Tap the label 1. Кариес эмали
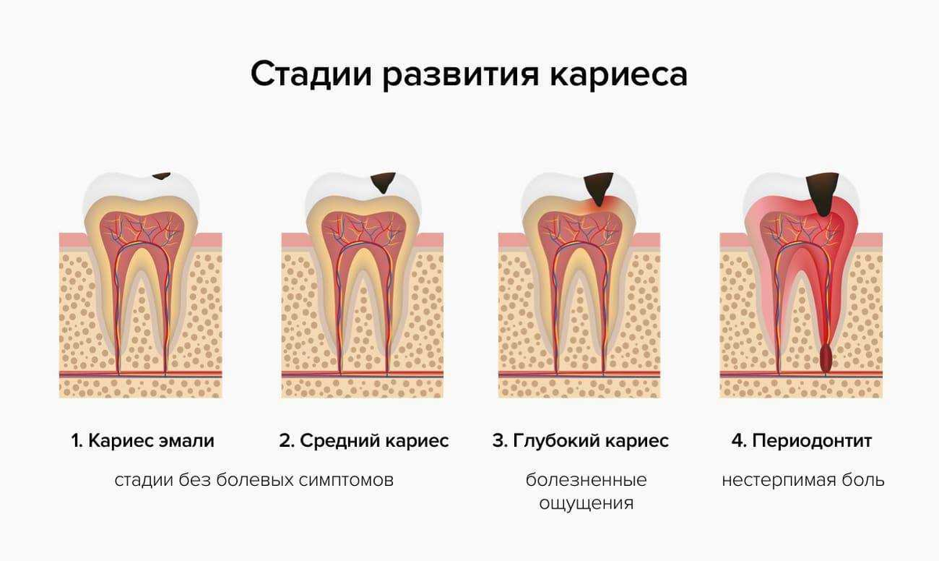pyautogui.click(x=142, y=441)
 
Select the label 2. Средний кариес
pyautogui.click(x=364, y=441)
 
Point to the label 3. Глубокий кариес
pyautogui.click(x=581, y=441)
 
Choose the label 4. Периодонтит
pyautogui.click(x=801, y=441)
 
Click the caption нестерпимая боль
pyautogui.click(x=803, y=480)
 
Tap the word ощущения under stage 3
pyautogui.click(x=586, y=502)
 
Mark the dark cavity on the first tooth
pyautogui.click(x=162, y=176)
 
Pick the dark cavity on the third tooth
pyautogui.click(x=599, y=186)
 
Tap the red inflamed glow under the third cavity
pyautogui.click(x=599, y=205)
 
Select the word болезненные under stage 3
pyautogui.click(x=586, y=480)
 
